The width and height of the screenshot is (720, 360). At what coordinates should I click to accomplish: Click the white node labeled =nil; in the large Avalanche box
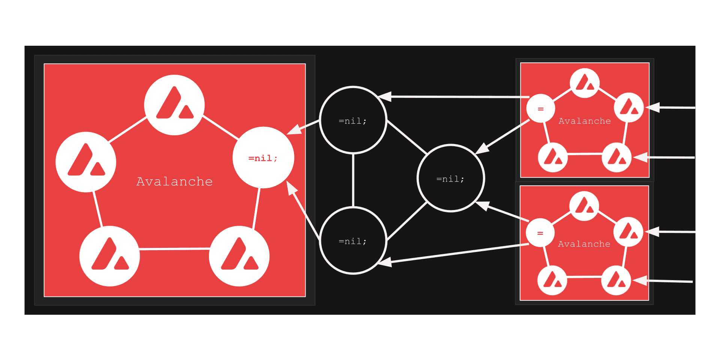[x=263, y=157]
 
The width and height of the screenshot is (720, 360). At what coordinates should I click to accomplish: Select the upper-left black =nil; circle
[x=353, y=120]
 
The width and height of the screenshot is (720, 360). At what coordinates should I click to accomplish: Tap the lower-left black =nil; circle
[x=353, y=240]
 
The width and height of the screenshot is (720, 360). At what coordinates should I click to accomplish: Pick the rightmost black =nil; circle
[x=451, y=178]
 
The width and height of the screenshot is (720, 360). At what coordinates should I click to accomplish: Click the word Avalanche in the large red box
[x=175, y=181]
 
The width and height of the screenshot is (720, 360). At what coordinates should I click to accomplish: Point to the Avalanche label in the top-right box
[x=585, y=121]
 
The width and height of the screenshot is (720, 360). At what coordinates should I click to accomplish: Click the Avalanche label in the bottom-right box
[x=584, y=244]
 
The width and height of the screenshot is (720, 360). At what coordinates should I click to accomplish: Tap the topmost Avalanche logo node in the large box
[x=174, y=105]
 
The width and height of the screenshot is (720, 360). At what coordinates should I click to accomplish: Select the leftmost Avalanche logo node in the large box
[x=86, y=162]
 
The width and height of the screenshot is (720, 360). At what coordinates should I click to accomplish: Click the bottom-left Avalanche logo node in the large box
[x=109, y=256]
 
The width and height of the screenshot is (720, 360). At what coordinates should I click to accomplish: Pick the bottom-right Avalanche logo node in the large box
[x=239, y=256]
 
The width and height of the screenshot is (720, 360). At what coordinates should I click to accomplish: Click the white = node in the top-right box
[x=540, y=108]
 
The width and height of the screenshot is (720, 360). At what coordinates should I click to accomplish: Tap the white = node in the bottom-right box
[x=540, y=232]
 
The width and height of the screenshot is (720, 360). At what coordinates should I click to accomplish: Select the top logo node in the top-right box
[x=585, y=83]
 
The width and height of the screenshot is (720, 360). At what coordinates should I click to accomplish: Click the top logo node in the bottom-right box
[x=584, y=206]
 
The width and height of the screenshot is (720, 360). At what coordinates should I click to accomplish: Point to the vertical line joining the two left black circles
[x=353, y=180]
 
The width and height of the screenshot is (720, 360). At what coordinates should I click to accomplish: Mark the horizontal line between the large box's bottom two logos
[x=174, y=249]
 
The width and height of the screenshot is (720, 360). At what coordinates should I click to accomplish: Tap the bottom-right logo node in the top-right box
[x=617, y=157]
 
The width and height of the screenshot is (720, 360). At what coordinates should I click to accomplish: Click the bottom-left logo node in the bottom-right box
[x=552, y=280]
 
